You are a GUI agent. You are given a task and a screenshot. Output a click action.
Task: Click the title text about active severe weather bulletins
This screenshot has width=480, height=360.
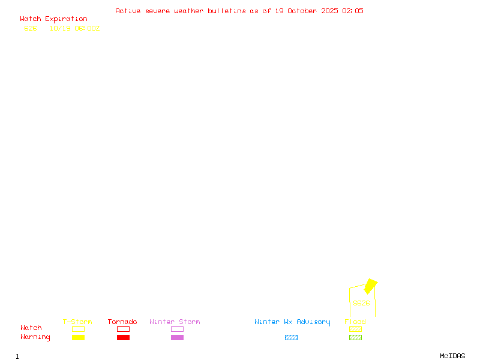click(x=239, y=11)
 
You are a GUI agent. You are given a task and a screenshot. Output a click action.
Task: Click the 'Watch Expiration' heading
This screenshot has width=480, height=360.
click(x=53, y=19)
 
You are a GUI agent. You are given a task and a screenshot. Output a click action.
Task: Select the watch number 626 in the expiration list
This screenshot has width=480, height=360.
click(x=31, y=28)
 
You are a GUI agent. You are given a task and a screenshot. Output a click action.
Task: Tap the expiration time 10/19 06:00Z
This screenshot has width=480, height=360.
click(x=74, y=28)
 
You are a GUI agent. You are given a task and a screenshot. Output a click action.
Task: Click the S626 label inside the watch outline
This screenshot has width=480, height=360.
click(x=361, y=303)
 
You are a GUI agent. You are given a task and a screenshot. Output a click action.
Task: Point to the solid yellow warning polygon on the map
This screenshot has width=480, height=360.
click(x=371, y=286)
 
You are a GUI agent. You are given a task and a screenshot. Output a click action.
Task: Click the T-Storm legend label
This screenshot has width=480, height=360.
click(x=77, y=322)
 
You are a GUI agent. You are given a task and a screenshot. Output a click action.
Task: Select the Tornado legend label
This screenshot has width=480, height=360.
click(x=122, y=322)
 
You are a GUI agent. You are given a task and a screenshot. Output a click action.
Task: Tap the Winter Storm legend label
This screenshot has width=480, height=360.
click(x=175, y=322)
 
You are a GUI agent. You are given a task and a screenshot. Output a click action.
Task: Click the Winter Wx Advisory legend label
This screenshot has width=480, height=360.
click(x=292, y=322)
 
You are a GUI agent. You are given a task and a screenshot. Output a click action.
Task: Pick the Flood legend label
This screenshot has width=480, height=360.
click(x=355, y=322)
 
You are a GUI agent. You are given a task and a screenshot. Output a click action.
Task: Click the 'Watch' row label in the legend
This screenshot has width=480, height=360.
click(x=31, y=328)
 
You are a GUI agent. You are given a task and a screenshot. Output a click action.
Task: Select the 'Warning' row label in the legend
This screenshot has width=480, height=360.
click(x=35, y=337)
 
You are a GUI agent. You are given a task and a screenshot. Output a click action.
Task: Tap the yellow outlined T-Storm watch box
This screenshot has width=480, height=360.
click(x=78, y=329)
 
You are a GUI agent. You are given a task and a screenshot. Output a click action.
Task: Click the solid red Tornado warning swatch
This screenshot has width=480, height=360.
click(x=123, y=338)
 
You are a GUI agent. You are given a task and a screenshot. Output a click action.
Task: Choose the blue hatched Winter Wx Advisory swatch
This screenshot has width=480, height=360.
click(x=291, y=338)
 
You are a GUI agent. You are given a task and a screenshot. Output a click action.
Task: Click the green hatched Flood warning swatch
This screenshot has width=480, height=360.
click(x=355, y=338)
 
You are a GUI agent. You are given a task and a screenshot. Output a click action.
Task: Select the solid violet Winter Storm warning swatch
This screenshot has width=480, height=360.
click(x=177, y=338)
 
